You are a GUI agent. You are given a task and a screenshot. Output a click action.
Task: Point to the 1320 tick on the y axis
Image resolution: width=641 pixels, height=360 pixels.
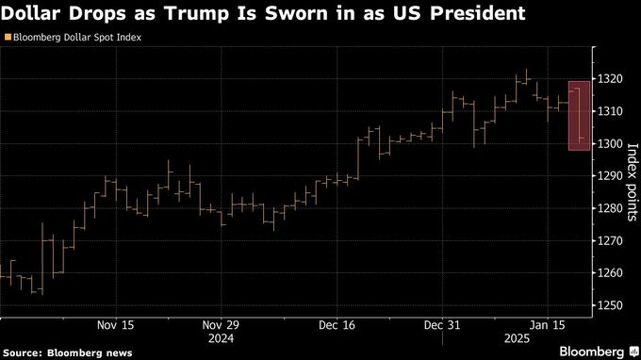pos(610,79)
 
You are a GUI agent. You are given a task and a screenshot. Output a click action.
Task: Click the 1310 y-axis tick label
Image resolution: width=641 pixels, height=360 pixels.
pos(610,111)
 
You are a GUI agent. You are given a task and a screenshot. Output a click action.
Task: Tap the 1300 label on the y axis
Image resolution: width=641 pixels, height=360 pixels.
pos(610,143)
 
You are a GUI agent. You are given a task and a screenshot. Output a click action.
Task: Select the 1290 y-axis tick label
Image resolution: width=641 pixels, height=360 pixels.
pos(610,176)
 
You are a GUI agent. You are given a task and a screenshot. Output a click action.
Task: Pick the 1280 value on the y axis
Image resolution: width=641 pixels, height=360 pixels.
pos(610,208)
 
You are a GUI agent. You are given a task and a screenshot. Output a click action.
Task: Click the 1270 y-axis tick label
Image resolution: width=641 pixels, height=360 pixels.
pos(610,240)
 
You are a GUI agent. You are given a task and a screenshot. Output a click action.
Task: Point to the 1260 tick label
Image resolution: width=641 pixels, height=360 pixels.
pos(610,273)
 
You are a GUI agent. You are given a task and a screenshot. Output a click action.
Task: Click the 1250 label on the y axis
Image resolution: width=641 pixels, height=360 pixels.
pos(610,305)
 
